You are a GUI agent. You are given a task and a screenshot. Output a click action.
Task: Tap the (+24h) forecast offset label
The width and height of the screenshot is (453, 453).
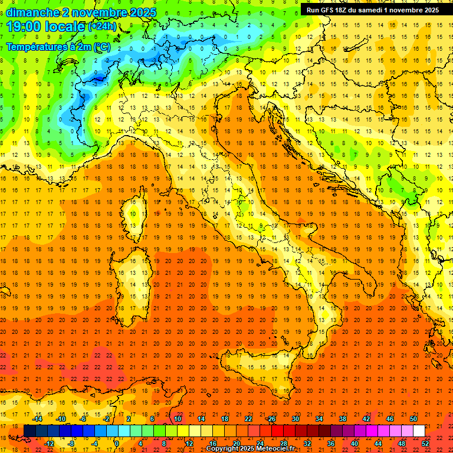coord(101,27)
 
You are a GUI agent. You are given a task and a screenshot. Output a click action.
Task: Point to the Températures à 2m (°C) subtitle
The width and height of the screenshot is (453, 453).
coord(58,46)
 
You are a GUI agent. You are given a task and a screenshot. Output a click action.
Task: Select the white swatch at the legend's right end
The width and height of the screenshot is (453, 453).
coord(419,431)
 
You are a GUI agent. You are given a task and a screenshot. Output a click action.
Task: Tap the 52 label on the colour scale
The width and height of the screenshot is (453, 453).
coord(425,444)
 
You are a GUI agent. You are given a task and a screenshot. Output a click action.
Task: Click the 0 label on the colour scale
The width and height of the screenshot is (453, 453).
coord(117,444)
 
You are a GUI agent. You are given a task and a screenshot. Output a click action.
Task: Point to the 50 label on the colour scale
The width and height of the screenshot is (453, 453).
coord(413,419)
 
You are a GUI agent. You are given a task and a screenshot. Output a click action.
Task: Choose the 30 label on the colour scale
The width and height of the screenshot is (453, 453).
coord(295,419)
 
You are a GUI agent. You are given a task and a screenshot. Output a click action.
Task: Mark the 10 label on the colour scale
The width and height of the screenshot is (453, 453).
coord(177,419)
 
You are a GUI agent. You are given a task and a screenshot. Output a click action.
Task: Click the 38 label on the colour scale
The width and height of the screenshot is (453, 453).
coord(342,419)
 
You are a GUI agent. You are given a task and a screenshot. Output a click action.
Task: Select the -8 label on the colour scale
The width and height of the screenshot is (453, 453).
coord(70,444)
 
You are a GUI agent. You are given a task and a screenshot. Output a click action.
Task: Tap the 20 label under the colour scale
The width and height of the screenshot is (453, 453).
coord(236,444)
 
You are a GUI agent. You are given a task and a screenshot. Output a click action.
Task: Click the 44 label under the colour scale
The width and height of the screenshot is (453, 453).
coord(377,444)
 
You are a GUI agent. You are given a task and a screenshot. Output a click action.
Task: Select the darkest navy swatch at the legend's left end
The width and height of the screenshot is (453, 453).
coord(29,431)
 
